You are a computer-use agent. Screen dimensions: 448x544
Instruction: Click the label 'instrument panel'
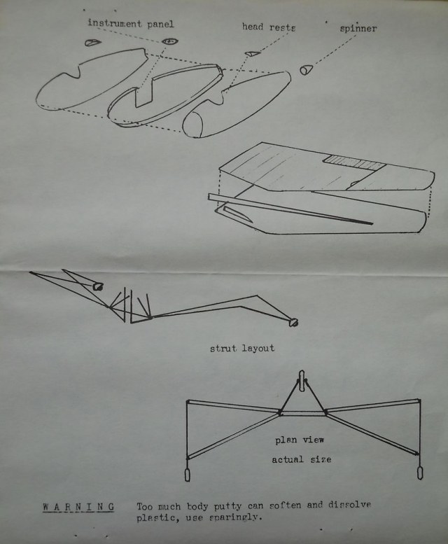[x=131, y=24]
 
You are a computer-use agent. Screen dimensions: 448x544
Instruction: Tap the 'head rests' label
[x=269, y=27]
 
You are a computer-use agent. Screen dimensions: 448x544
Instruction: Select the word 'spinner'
[x=358, y=29]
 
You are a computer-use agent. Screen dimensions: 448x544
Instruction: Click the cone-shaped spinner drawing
[x=307, y=69]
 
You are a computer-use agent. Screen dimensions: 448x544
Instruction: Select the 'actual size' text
[x=301, y=459]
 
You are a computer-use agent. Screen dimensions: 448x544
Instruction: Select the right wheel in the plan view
[x=420, y=470]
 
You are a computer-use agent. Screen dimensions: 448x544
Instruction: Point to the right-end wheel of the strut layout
[x=295, y=322]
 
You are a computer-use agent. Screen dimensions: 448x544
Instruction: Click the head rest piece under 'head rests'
[x=251, y=53]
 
